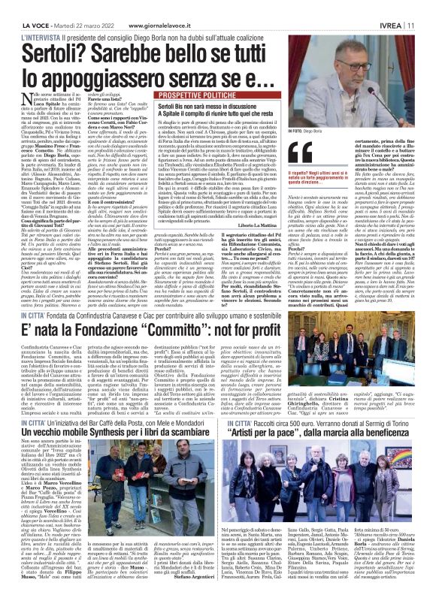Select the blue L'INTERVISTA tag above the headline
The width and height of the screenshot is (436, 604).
pos(30,17)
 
